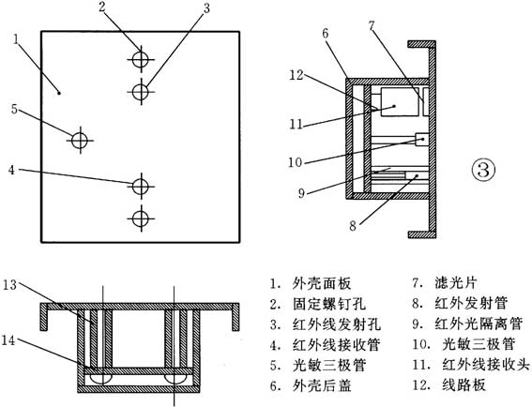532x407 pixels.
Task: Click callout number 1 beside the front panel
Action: [x=16, y=39]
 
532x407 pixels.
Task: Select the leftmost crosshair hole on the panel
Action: [x=80, y=140]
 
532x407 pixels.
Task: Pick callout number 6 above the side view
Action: [x=325, y=34]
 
